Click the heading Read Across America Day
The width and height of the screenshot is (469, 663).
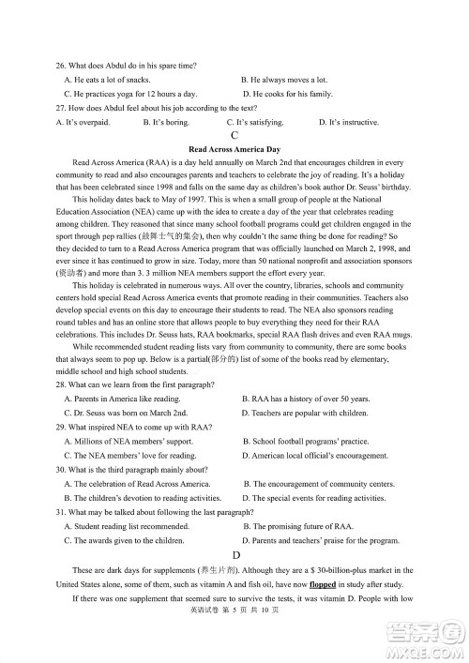234,149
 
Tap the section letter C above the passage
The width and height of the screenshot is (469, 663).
234,135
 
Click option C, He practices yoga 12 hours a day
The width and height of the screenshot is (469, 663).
130,94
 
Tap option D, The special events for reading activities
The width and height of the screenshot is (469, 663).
313,498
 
